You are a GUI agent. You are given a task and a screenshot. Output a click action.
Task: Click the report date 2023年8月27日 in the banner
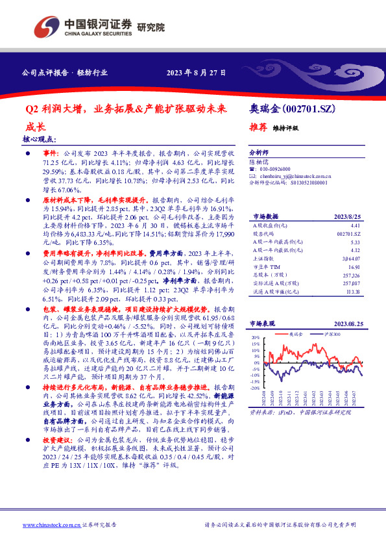(195, 73)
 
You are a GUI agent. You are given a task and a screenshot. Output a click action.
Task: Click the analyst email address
(299, 175)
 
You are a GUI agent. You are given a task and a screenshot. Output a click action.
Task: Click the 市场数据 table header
(265, 216)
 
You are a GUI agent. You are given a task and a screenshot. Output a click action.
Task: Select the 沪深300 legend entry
(332, 333)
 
